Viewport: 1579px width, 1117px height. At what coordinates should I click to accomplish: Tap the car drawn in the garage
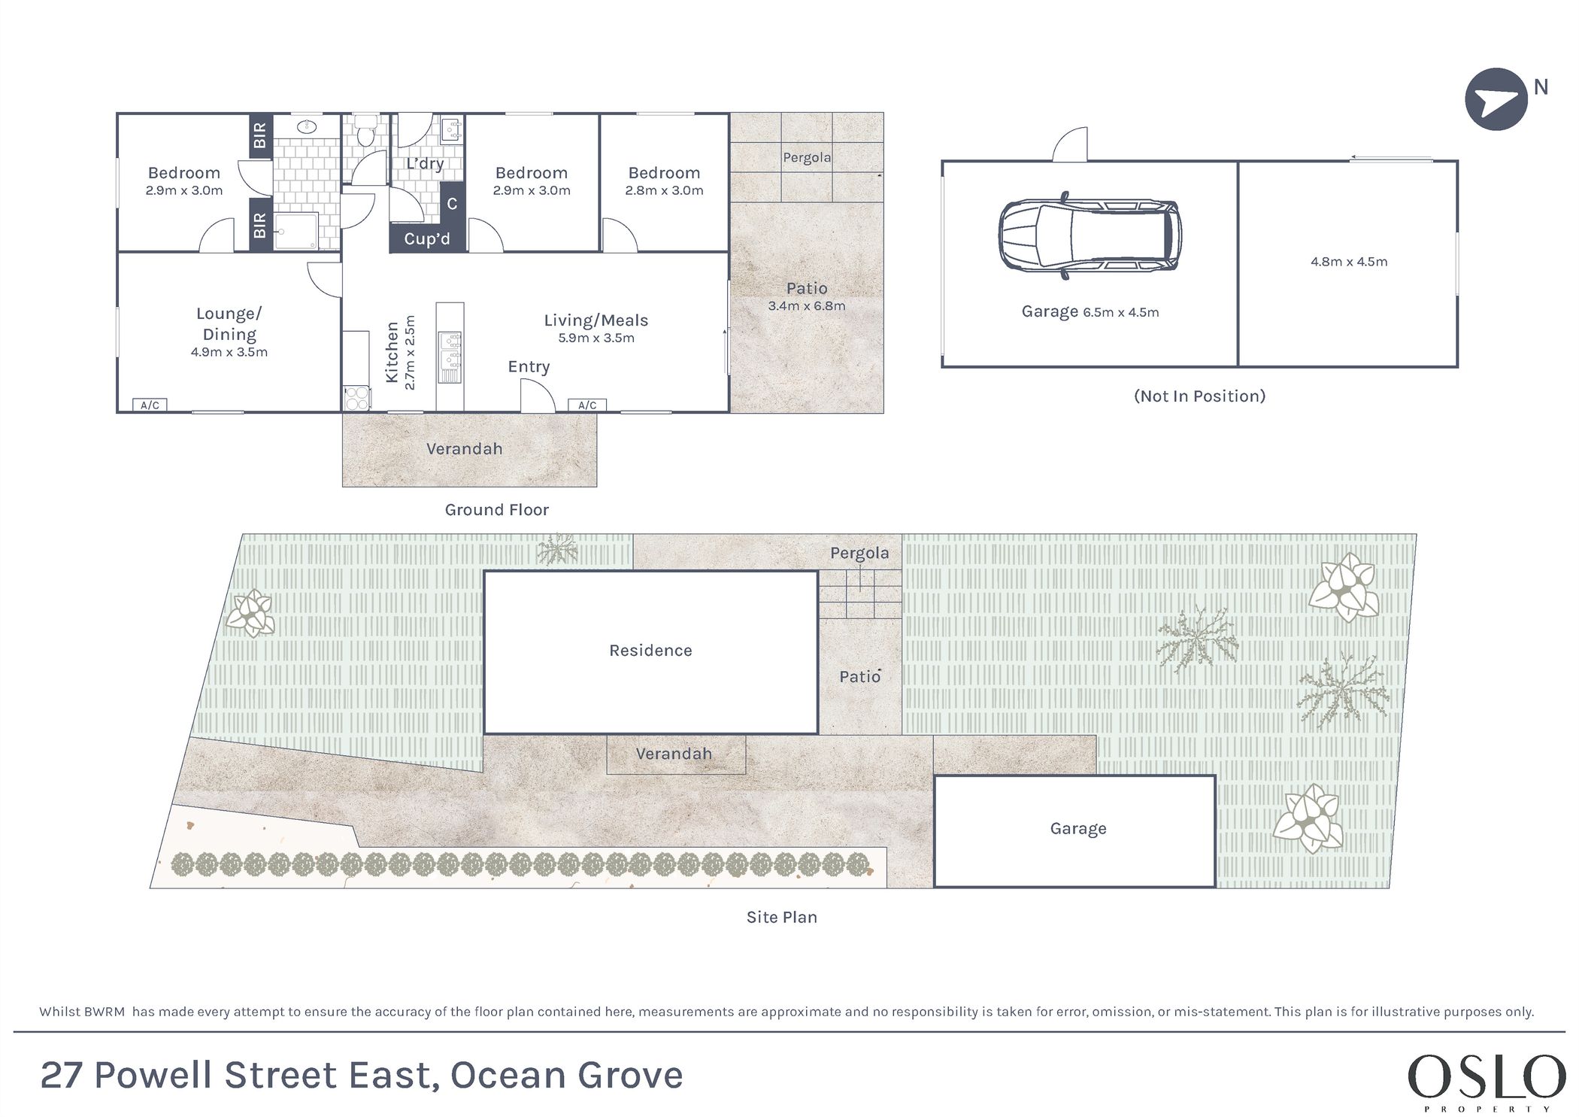(1090, 235)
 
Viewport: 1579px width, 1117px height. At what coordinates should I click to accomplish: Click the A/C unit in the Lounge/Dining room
(150, 405)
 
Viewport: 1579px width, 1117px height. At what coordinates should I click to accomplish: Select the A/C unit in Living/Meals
(587, 405)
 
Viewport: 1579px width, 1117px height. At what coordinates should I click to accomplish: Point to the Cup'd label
(427, 239)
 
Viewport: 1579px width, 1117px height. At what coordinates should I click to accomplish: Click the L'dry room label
(425, 163)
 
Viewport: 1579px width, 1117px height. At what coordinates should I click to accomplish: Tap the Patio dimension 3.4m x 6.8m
(807, 306)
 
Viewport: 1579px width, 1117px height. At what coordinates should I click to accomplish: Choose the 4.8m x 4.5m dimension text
(1349, 262)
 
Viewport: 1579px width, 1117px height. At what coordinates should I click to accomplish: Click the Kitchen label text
(392, 352)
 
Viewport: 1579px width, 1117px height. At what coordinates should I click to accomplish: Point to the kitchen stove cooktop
(356, 398)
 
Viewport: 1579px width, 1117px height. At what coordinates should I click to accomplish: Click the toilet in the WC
(365, 131)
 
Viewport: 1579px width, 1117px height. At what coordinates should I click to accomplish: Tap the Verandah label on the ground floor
(464, 449)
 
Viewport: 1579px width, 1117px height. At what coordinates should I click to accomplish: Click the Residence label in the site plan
(650, 651)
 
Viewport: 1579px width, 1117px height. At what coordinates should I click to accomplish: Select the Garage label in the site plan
(1078, 829)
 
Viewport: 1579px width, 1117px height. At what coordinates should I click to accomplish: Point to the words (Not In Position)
(1199, 396)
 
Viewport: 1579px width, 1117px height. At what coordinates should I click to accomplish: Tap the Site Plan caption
(781, 917)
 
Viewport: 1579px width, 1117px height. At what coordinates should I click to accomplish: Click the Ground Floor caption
(496, 510)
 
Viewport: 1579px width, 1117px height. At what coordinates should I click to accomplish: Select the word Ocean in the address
(499, 1075)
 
